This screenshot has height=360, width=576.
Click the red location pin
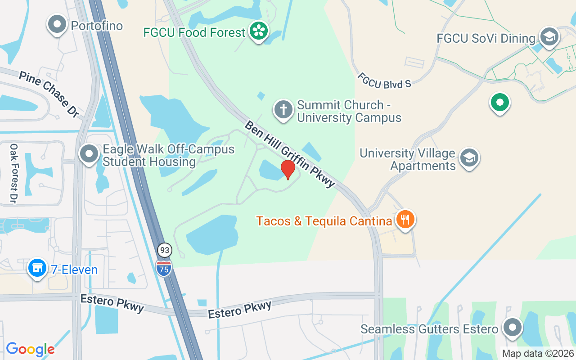[x=288, y=169]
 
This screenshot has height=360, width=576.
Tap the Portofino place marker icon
[x=57, y=25]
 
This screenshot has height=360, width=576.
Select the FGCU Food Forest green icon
[x=258, y=31]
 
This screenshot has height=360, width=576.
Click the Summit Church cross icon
[x=283, y=110]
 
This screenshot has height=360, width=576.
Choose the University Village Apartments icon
[x=469, y=158]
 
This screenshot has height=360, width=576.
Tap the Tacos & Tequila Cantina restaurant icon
[x=405, y=220]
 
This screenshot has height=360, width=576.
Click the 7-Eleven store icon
[x=37, y=268]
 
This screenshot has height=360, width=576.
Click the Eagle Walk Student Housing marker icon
[x=89, y=154]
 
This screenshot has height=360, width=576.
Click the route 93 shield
[x=164, y=250]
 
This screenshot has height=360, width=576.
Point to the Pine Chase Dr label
[x=48, y=94]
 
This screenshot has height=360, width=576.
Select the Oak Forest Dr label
[x=13, y=173]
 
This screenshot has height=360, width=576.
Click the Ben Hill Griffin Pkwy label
[x=290, y=153]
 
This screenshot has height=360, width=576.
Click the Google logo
[x=30, y=349]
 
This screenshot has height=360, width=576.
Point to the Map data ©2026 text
[x=538, y=353]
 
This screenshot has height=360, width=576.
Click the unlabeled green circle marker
[x=499, y=102]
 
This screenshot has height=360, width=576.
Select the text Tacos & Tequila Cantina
[x=324, y=221]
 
